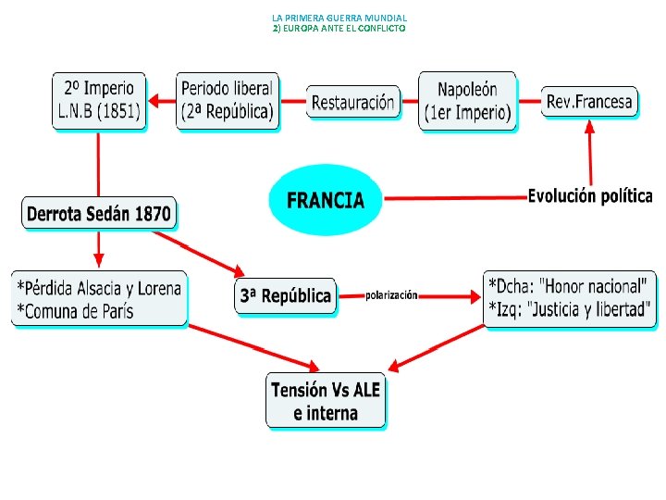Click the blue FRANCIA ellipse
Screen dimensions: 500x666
[325, 200]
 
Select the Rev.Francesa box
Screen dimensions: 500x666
[590, 101]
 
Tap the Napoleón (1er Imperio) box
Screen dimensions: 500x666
[467, 102]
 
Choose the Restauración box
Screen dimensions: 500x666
[352, 102]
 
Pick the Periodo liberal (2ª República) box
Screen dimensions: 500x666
[227, 101]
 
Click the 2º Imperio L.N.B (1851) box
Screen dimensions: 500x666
[99, 101]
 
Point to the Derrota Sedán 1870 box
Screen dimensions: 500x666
[99, 214]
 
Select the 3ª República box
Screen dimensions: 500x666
[285, 296]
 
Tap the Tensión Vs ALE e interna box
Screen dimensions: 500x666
[326, 401]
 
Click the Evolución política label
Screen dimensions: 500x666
[590, 196]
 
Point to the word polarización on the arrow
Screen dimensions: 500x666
[391, 295]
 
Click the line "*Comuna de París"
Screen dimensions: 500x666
[75, 311]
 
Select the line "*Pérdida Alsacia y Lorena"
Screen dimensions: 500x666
[99, 287]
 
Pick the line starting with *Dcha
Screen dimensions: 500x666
[570, 285]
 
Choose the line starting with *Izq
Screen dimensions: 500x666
[570, 308]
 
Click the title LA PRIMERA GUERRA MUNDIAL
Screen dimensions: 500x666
[339, 18]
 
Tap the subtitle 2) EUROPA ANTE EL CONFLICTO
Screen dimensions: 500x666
[339, 29]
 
